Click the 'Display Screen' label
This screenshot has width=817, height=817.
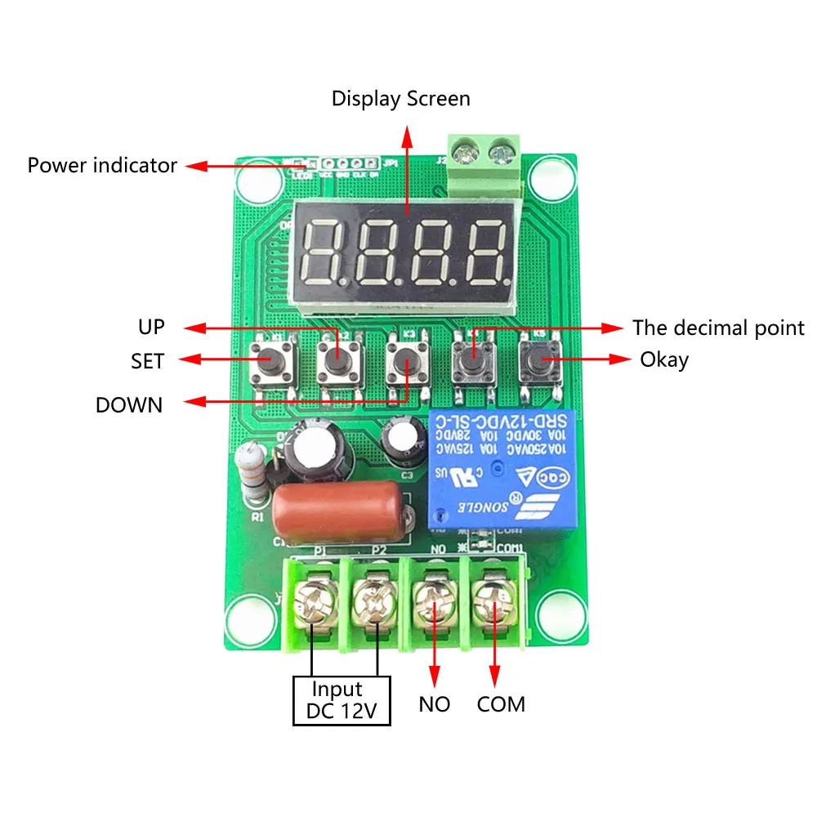(x=400, y=100)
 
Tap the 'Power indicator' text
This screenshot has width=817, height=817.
(x=102, y=165)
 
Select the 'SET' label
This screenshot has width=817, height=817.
(x=147, y=359)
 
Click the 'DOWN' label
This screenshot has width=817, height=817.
(x=129, y=404)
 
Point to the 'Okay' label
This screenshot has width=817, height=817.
(x=663, y=359)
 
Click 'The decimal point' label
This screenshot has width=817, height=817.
(x=718, y=328)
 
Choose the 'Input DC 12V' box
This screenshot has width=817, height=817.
(x=342, y=700)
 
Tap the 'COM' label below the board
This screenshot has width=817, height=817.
(x=501, y=703)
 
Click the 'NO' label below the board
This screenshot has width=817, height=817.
(x=434, y=703)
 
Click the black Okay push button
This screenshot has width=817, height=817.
(x=541, y=359)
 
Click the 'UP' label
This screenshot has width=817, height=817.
(x=152, y=328)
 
